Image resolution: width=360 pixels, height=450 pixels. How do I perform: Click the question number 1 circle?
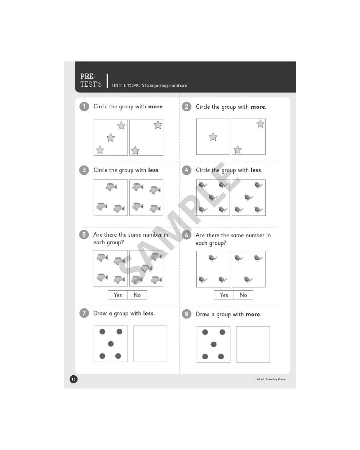pos(84,106)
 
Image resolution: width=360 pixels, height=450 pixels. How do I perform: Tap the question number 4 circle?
pos(186,170)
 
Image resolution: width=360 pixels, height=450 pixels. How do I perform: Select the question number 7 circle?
pos(84,313)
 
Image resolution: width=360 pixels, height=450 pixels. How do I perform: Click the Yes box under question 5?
pos(117,295)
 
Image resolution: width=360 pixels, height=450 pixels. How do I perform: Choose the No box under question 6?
pos(243,295)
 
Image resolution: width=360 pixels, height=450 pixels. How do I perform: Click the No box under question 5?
pos(137,295)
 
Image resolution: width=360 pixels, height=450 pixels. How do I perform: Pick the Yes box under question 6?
pos(224,295)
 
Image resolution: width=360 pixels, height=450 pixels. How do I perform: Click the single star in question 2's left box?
pos(213,137)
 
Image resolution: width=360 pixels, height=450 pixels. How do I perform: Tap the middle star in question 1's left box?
pos(111,138)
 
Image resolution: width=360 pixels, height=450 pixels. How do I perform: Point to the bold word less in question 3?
pos(153,170)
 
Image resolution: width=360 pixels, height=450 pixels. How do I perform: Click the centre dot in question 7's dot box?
pos(111,344)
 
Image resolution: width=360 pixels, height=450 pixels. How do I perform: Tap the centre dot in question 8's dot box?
pos(213,344)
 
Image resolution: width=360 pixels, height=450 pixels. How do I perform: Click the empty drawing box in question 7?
pos(150,344)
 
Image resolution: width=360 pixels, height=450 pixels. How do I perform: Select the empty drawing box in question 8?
pos(253,344)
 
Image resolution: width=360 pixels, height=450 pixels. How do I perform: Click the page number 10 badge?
pos(73,379)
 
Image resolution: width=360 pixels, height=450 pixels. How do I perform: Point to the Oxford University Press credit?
pos(270,379)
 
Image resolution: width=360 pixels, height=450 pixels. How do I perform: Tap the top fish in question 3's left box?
pos(111,187)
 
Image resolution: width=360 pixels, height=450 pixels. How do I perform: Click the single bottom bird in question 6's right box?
pos(248,279)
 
